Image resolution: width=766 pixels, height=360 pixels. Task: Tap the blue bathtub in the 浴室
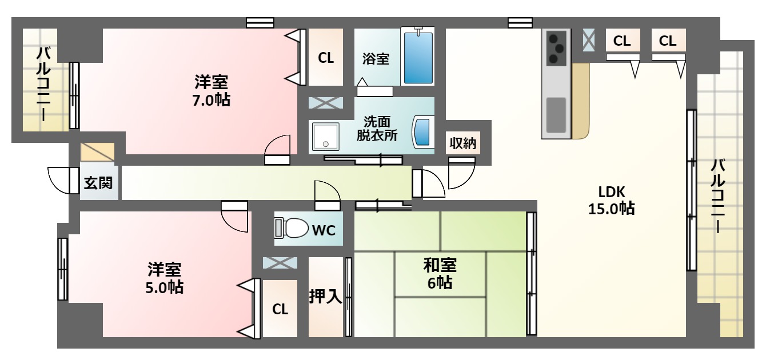[418, 58]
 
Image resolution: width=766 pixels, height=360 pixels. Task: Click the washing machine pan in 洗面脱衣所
[326, 137]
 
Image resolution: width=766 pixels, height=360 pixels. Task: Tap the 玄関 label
[98, 183]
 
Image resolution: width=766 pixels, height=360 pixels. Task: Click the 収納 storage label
[462, 143]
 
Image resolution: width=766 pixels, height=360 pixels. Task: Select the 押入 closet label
[325, 296]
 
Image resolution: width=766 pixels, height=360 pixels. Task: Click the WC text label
[324, 230]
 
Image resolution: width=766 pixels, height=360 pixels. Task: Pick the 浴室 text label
[376, 58]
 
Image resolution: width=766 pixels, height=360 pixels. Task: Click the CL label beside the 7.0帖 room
[326, 58]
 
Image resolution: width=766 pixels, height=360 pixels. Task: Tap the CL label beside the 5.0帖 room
[280, 309]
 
